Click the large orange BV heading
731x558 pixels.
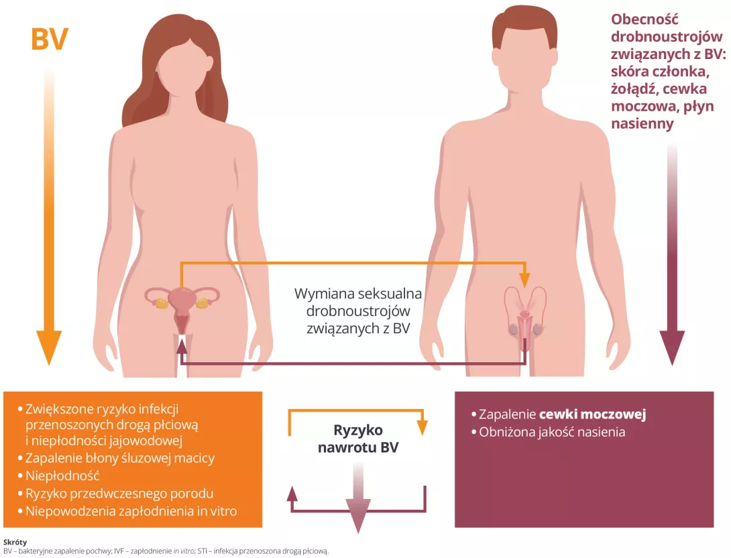[50, 40]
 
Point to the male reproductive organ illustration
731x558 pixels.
[526, 315]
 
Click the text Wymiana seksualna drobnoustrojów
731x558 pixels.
[358, 302]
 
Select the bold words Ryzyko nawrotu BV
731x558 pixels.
[358, 439]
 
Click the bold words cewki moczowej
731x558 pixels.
[592, 414]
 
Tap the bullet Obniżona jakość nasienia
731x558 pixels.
[552, 432]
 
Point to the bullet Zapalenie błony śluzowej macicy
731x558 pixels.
[120, 458]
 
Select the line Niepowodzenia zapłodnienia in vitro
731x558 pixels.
[131, 511]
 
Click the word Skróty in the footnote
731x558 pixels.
[15, 541]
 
